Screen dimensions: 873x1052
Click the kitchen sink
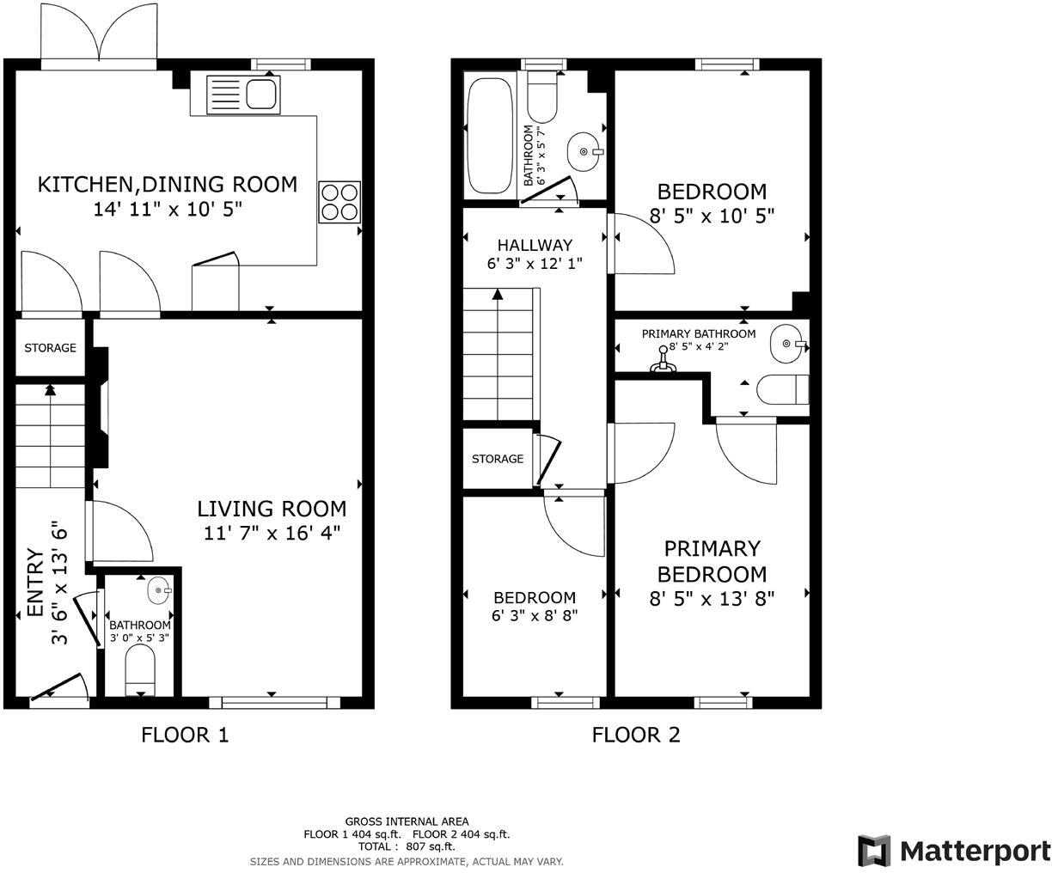(x=242, y=93)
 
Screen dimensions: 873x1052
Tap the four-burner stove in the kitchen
(x=339, y=203)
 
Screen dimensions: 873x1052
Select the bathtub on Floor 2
(x=489, y=133)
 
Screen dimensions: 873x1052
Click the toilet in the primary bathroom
(x=782, y=389)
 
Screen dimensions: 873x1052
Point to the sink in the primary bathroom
(x=787, y=344)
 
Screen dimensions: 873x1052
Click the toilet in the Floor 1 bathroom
(x=141, y=670)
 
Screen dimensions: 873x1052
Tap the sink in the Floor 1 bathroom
(x=159, y=590)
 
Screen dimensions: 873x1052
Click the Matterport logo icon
(x=873, y=851)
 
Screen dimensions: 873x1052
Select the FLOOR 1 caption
(x=185, y=735)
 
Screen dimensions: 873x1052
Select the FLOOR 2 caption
(x=636, y=735)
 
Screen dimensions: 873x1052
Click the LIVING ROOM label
(x=272, y=509)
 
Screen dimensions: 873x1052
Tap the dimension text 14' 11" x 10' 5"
(x=168, y=209)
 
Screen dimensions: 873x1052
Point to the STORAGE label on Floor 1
(x=50, y=348)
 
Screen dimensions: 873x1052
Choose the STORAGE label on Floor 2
(x=498, y=459)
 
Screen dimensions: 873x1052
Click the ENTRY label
(x=35, y=583)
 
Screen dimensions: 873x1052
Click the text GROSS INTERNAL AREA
(x=407, y=821)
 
